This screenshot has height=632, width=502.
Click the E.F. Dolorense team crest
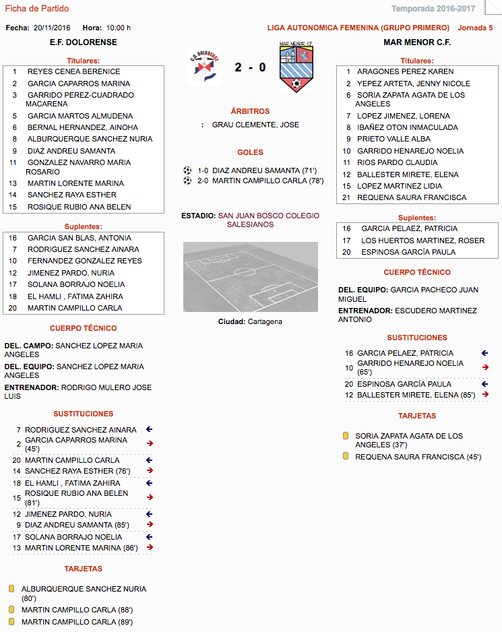pyautogui.click(x=203, y=67)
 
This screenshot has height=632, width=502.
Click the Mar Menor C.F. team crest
pyautogui.click(x=296, y=67)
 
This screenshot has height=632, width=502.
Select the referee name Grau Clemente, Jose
pyautogui.click(x=255, y=125)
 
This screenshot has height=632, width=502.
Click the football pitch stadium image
pyautogui.click(x=250, y=276)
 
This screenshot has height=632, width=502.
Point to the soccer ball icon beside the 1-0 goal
pyautogui.click(x=187, y=170)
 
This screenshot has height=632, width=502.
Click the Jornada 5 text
pyautogui.click(x=475, y=28)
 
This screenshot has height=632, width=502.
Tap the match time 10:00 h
pyautogui.click(x=119, y=28)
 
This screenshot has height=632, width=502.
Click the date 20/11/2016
pyautogui.click(x=52, y=28)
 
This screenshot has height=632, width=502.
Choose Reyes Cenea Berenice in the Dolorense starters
pyautogui.click(x=73, y=71)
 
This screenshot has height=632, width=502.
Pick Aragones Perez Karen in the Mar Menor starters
pyautogui.click(x=405, y=71)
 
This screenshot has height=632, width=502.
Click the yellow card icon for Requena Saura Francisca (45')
pyautogui.click(x=346, y=456)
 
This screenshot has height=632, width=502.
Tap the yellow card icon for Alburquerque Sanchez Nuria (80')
pyautogui.click(x=11, y=589)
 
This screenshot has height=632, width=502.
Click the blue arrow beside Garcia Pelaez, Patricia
pyautogui.click(x=484, y=352)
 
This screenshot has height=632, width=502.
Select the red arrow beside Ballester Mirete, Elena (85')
pyautogui.click(x=484, y=395)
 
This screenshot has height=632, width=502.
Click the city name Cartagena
pyautogui.click(x=265, y=321)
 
